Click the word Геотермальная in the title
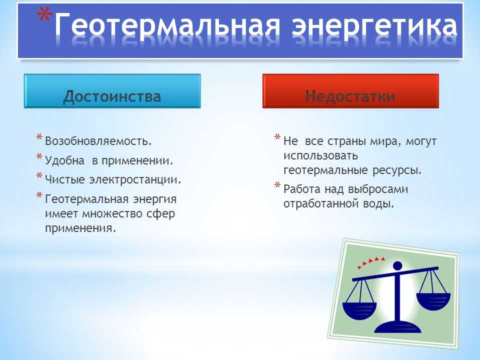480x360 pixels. [167, 25]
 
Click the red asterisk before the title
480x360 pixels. [44, 14]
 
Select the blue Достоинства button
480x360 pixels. [112, 91]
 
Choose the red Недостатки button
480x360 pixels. [350, 91]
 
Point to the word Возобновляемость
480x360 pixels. [98, 141]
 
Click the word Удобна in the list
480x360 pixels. [64, 160]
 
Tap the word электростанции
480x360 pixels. [135, 179]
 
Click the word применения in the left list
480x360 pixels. [80, 228]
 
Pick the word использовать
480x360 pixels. [320, 156]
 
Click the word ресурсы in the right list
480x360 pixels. [397, 170]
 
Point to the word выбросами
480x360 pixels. [378, 189]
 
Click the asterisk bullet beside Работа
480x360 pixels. [277, 185]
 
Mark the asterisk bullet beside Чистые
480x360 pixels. [39, 175]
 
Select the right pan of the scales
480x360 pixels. [433, 301]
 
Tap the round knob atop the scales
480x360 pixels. [397, 265]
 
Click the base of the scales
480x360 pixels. [397, 327]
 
